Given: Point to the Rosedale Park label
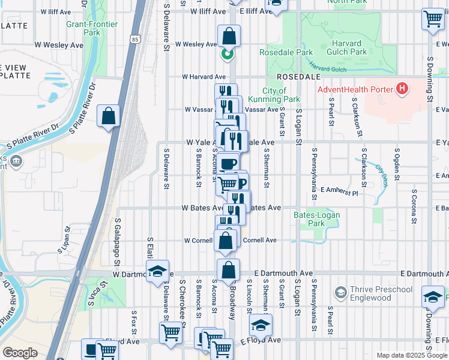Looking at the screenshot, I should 286,53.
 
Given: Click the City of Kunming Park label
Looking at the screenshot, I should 281,95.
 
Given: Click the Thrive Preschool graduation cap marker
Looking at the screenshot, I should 340,293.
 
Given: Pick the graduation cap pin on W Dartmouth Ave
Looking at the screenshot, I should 157,272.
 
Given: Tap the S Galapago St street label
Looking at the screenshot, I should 117,242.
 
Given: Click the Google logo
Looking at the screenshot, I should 20,353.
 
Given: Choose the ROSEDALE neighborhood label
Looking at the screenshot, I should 300,77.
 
